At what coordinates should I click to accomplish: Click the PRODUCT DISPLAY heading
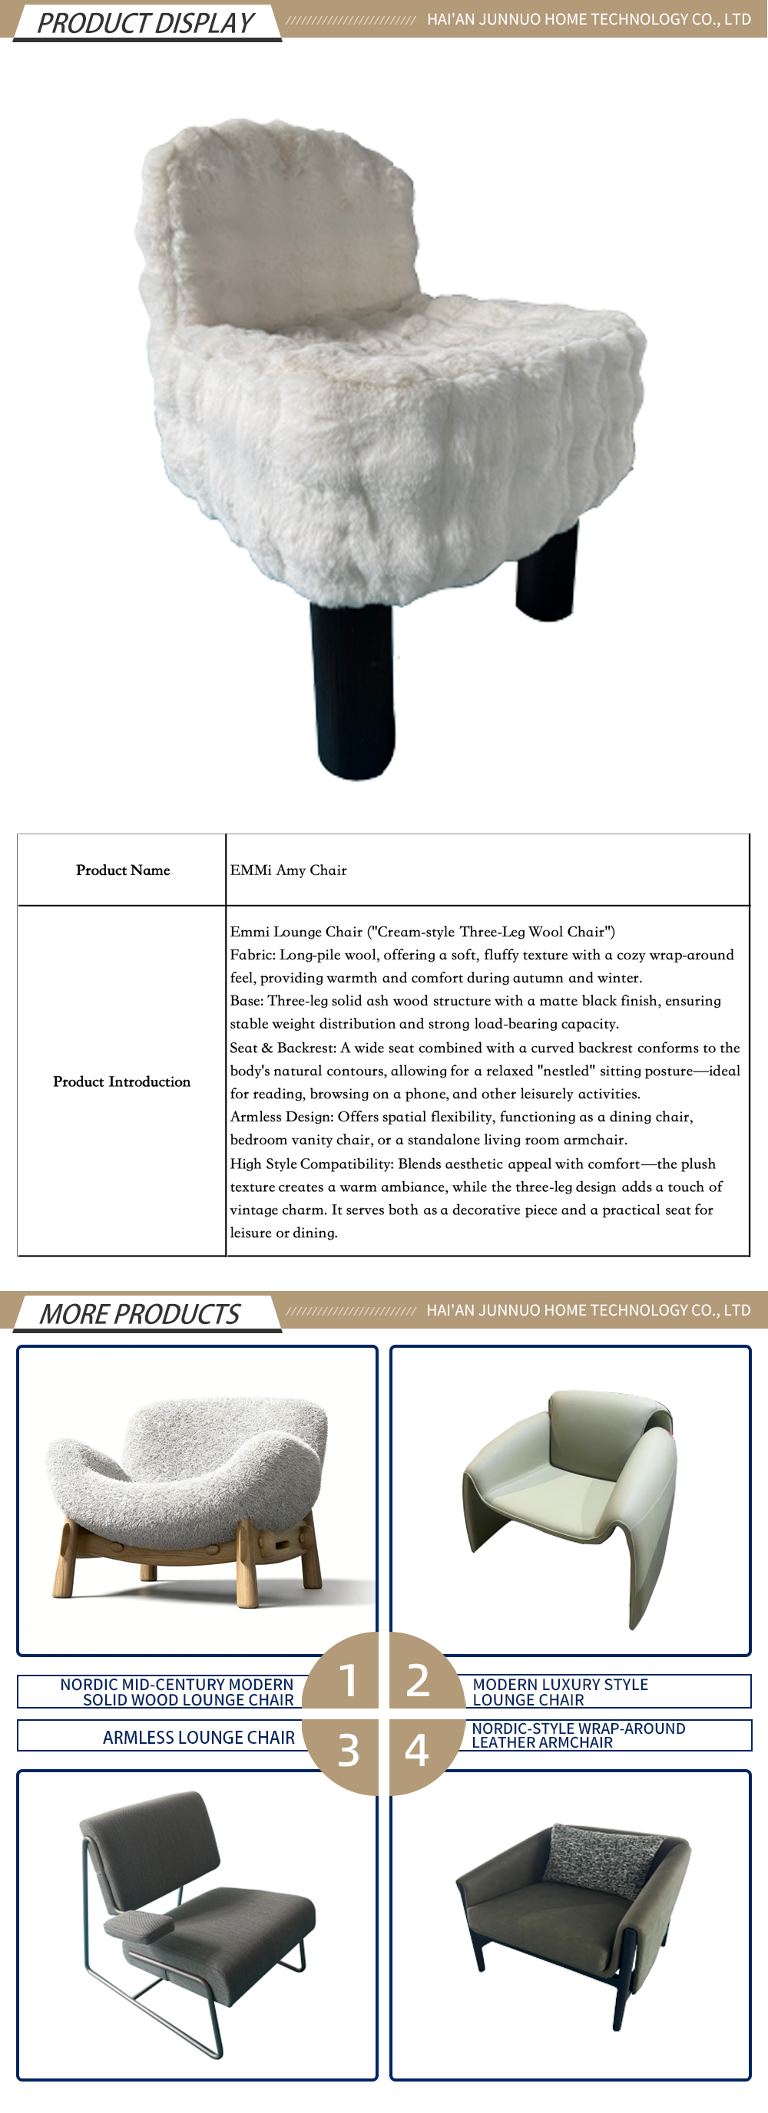tap(145, 23)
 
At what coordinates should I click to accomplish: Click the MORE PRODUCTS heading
tap(140, 1313)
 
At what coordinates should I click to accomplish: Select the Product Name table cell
tap(123, 870)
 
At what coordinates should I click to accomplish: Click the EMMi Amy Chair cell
tap(289, 870)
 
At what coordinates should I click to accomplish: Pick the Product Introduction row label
tap(121, 1081)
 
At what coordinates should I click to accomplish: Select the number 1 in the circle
tap(348, 1679)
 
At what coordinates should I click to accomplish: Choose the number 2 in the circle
tap(418, 1679)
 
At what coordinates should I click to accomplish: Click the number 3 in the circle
tap(348, 1750)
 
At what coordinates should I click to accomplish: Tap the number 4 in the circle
tap(417, 1750)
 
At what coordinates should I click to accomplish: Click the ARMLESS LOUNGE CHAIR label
tap(199, 1738)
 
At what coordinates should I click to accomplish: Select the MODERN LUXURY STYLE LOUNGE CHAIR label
tap(561, 1692)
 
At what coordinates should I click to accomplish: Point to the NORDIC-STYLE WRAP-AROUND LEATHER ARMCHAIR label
tap(578, 1735)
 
